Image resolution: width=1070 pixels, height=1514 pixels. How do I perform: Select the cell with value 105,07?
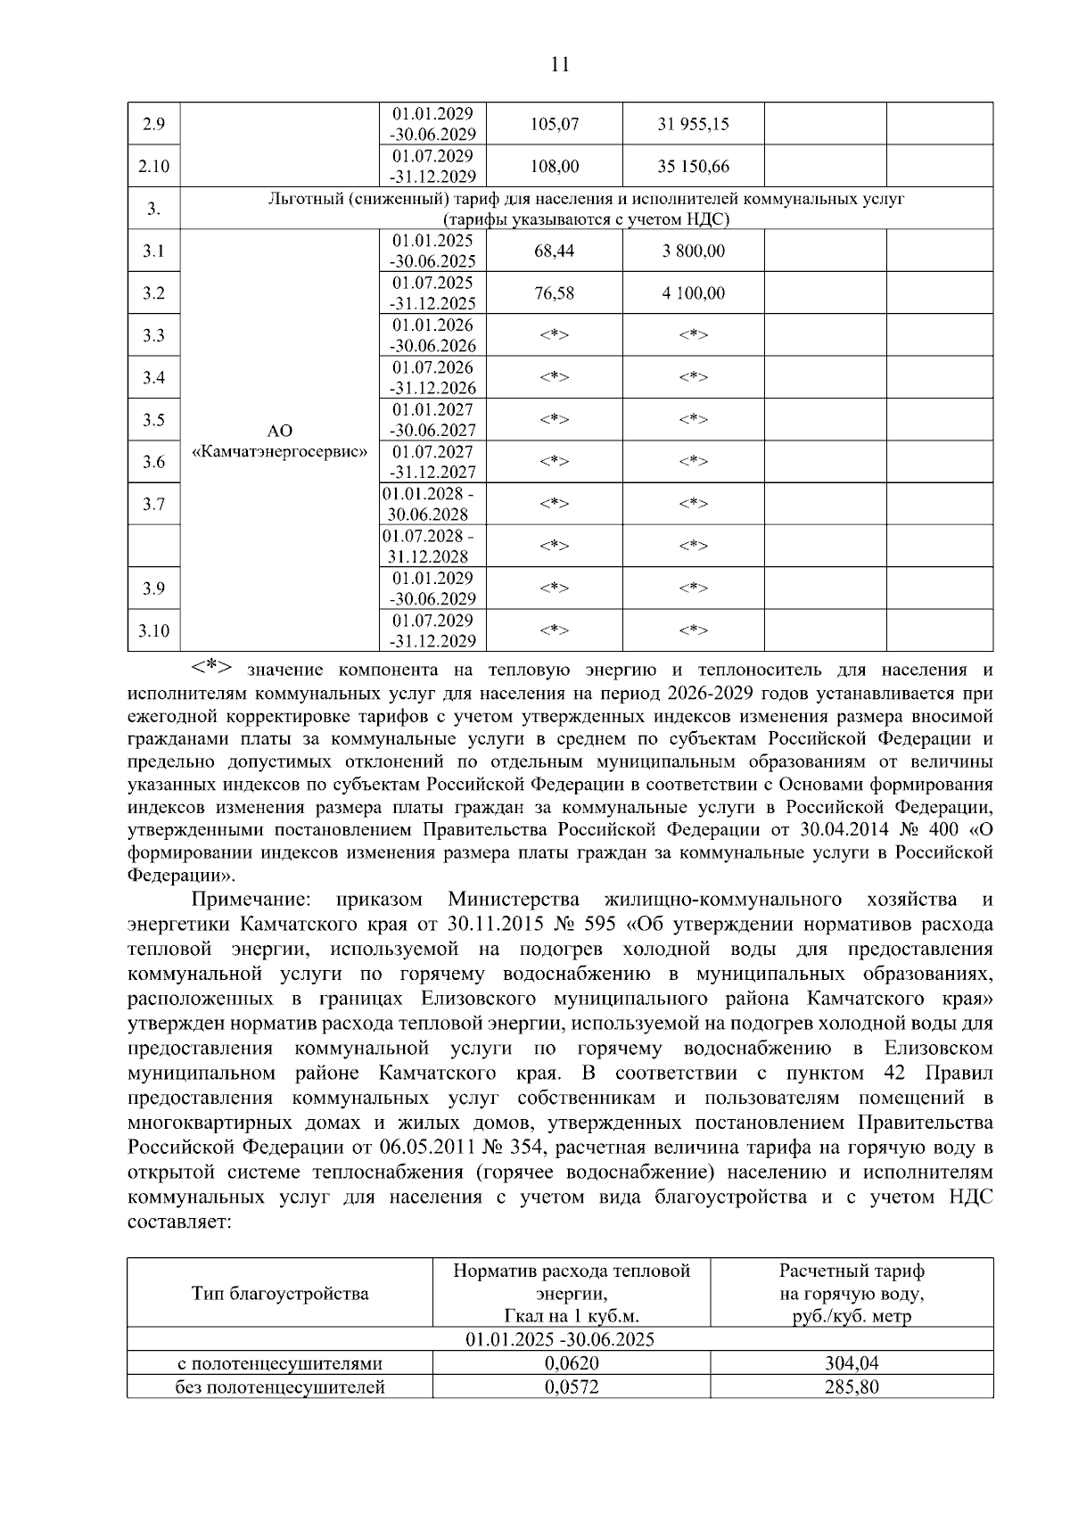tap(555, 125)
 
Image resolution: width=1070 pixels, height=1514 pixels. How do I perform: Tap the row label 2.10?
tap(153, 167)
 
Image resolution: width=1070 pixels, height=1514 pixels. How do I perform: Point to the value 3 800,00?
tap(693, 251)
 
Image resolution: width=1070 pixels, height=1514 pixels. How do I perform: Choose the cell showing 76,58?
tap(555, 293)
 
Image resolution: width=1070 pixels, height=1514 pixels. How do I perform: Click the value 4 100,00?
tap(693, 293)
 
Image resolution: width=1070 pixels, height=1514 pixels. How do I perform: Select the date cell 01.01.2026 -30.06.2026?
tap(433, 335)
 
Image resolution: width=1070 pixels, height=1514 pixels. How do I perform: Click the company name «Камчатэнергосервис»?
tap(280, 452)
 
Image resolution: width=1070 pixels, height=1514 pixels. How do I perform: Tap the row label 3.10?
tap(153, 631)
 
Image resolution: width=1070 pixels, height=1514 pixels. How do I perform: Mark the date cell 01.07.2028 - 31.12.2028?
tap(428, 546)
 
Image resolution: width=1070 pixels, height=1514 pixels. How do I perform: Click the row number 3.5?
tap(153, 420)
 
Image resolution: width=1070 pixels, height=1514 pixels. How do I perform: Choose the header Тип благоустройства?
tap(280, 1294)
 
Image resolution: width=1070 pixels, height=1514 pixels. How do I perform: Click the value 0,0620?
tap(572, 1363)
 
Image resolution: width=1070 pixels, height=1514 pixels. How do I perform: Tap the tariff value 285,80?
tap(852, 1387)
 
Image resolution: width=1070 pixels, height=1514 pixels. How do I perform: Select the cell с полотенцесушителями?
tap(280, 1363)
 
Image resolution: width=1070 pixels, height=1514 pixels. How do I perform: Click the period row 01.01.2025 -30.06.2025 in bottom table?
tap(560, 1340)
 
